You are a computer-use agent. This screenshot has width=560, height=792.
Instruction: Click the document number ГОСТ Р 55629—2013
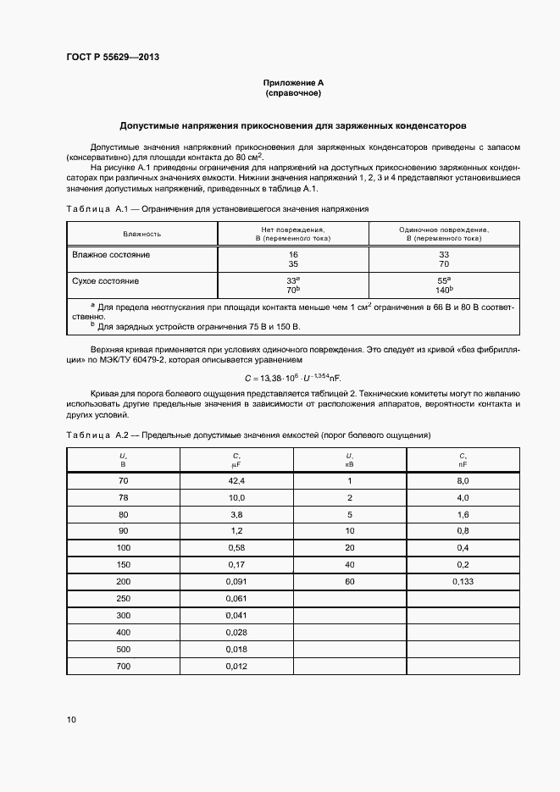click(114, 57)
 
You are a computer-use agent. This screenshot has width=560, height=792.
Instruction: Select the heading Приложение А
click(293, 83)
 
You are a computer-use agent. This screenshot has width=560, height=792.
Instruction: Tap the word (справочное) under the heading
click(293, 93)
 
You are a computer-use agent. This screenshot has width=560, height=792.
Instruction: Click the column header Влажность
click(141, 234)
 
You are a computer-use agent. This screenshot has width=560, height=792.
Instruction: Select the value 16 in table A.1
click(293, 254)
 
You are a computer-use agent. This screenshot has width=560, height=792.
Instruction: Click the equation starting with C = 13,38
click(292, 376)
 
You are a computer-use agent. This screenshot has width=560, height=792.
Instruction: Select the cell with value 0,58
click(236, 547)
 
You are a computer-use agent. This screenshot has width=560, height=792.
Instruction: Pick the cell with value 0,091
click(236, 581)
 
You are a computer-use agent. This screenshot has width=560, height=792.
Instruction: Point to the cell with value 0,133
click(463, 581)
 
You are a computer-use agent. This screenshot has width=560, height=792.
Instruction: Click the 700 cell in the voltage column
click(124, 666)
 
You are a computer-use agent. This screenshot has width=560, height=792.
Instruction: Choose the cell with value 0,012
click(236, 666)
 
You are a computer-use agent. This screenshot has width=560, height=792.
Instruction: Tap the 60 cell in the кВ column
click(349, 581)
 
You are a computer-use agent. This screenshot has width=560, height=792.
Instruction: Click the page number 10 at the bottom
click(71, 720)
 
